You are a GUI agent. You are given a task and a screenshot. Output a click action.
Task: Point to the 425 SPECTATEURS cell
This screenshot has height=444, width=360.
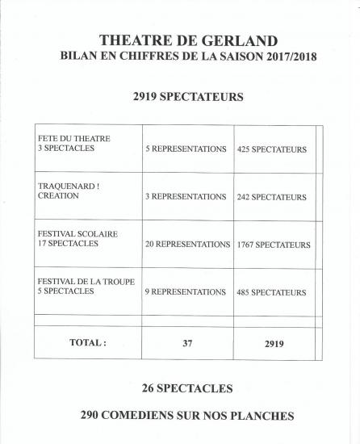click(273, 149)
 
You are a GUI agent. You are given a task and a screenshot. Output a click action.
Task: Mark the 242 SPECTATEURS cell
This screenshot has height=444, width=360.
click(273, 196)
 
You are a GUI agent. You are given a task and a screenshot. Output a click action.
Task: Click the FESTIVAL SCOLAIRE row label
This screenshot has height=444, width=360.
click(77, 238)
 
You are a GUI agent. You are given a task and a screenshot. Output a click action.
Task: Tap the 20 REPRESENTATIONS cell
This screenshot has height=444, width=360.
click(187, 244)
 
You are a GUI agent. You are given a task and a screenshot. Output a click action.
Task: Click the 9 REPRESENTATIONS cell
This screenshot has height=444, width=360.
click(186, 291)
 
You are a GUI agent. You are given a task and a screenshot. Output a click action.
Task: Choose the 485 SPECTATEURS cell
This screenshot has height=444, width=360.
click(273, 291)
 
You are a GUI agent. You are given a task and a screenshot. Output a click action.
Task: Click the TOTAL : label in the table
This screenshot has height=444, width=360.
click(88, 342)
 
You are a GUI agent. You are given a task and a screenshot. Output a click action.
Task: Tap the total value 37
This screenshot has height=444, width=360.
click(186, 343)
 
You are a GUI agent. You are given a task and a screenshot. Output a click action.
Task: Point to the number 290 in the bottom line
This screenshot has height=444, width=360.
click(94, 416)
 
